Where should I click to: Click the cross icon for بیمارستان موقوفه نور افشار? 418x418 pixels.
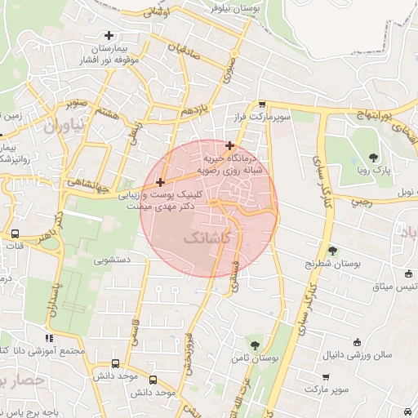109,35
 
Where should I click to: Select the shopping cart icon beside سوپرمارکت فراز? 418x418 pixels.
261,104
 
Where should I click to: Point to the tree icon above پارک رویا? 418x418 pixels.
373,157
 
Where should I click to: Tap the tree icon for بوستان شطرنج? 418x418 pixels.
332,251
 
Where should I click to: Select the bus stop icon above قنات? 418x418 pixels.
16,233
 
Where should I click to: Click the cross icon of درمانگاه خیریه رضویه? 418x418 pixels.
229,145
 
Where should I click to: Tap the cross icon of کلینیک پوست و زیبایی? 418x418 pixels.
160,182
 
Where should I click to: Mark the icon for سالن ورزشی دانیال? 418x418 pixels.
356,342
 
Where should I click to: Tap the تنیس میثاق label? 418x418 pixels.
388,287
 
